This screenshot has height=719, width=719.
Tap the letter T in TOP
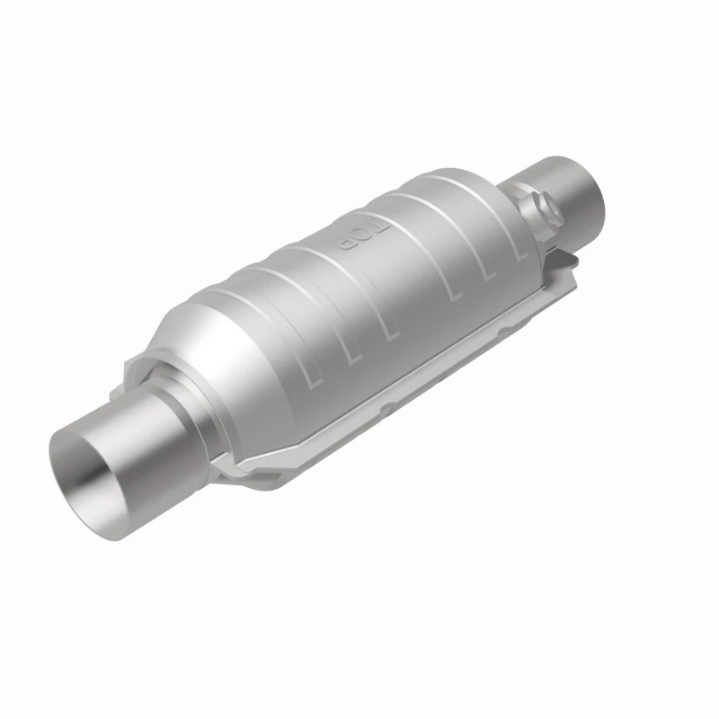(379, 228)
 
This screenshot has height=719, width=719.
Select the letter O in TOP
(362, 235)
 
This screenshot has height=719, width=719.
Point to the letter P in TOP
(345, 243)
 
